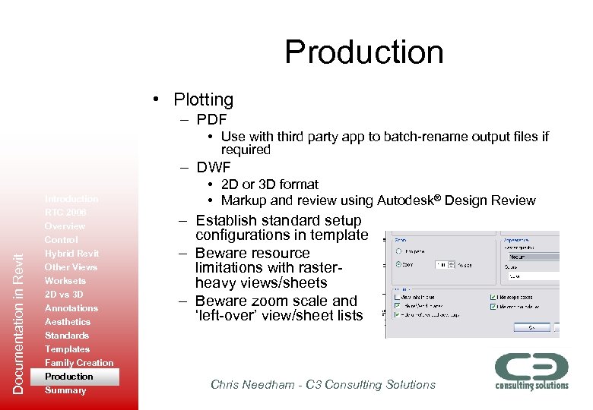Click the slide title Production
pyautogui.click(x=363, y=52)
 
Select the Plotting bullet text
pyautogui.click(x=203, y=99)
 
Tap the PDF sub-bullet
pyautogui.click(x=211, y=119)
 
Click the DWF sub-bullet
pyautogui.click(x=213, y=167)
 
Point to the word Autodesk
pyautogui.click(x=410, y=200)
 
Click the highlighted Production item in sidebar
pyautogui.click(x=69, y=377)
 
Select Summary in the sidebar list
pyautogui.click(x=65, y=390)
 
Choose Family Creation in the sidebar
pyautogui.click(x=79, y=363)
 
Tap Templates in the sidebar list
pyautogui.click(x=67, y=349)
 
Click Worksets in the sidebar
pyautogui.click(x=65, y=281)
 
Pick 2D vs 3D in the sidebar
pyautogui.click(x=64, y=295)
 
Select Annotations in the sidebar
pyautogui.click(x=71, y=308)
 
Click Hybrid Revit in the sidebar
pyautogui.click(x=71, y=254)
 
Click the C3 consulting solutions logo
pyautogui.click(x=531, y=371)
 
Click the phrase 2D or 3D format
pyautogui.click(x=270, y=184)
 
